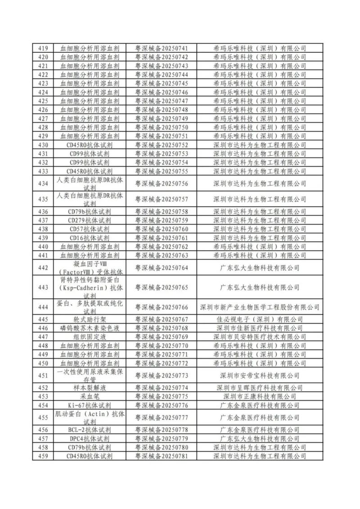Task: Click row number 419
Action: (43, 48)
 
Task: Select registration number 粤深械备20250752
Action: (162, 145)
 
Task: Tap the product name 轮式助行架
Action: (89, 320)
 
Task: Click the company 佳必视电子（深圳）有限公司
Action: (260, 320)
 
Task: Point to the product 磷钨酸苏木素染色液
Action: (89, 328)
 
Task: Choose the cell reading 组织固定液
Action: (89, 337)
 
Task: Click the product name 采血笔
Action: (89, 396)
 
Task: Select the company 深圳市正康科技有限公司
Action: (260, 396)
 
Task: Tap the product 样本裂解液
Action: (89, 387)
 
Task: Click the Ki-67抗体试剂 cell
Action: (89, 405)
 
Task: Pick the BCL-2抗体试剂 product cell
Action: (89, 430)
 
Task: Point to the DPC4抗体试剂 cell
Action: (89, 438)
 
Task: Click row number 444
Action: (43, 307)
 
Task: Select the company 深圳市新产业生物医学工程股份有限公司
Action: (260, 307)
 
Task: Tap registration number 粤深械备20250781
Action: (162, 456)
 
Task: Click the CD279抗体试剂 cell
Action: (89, 221)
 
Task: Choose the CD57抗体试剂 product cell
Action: (89, 229)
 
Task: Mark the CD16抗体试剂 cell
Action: (89, 238)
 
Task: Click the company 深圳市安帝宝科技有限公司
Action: (260, 375)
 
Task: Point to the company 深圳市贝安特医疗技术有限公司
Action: (260, 337)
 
